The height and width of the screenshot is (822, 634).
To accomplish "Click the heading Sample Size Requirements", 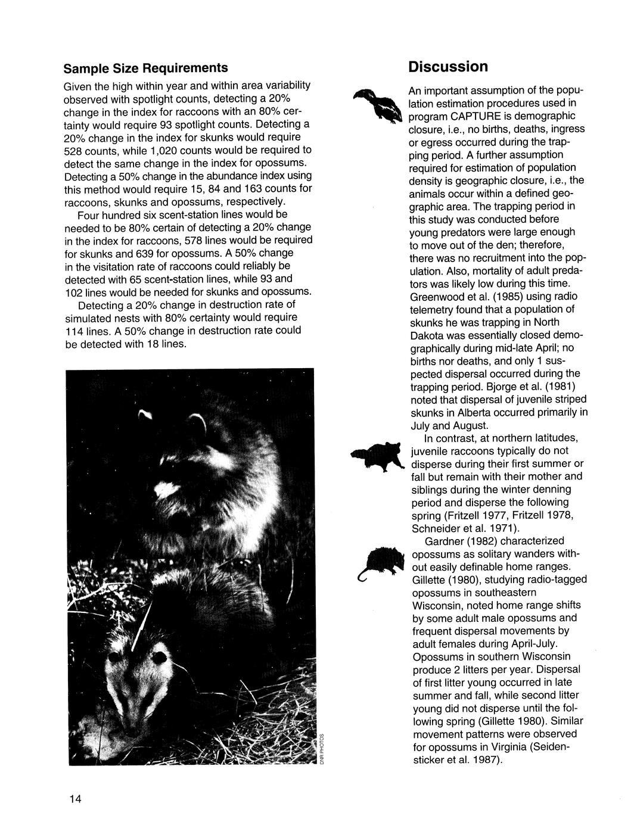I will pyautogui.click(x=146, y=66).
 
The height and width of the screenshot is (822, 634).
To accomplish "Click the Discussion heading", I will pyautogui.click(x=448, y=66).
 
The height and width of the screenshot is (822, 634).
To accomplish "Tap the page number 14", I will pyautogui.click(x=74, y=799).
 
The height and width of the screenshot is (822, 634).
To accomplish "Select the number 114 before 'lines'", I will pyautogui.click(x=74, y=331).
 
